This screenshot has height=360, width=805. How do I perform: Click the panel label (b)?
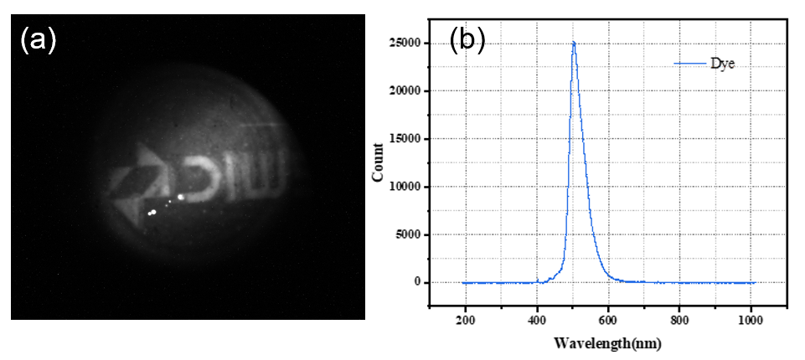[x=467, y=40]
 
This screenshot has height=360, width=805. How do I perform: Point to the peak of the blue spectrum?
[x=574, y=43]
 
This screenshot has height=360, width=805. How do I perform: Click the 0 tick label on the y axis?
[x=416, y=282]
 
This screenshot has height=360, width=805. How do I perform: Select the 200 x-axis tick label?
[x=465, y=319]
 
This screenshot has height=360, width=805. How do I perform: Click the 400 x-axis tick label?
[x=537, y=319]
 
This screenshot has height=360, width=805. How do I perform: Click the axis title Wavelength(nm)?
[x=607, y=343]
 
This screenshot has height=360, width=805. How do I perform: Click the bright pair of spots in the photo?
[x=152, y=213]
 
